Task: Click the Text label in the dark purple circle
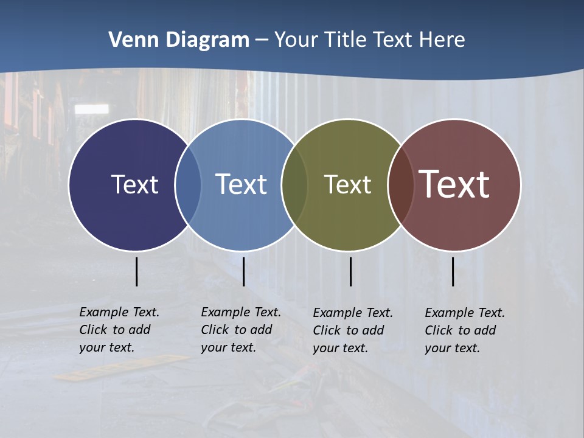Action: [134, 184]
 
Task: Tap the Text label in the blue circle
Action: [241, 184]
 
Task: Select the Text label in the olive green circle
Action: [347, 184]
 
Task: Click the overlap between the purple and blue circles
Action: [188, 184]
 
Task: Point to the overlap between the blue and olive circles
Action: [294, 184]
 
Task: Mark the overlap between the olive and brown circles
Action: [400, 184]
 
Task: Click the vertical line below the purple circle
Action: [136, 271]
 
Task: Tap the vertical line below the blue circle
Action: [243, 271]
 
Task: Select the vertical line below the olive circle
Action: [350, 271]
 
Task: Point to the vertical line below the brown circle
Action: [453, 271]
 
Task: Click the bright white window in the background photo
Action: [91, 109]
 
